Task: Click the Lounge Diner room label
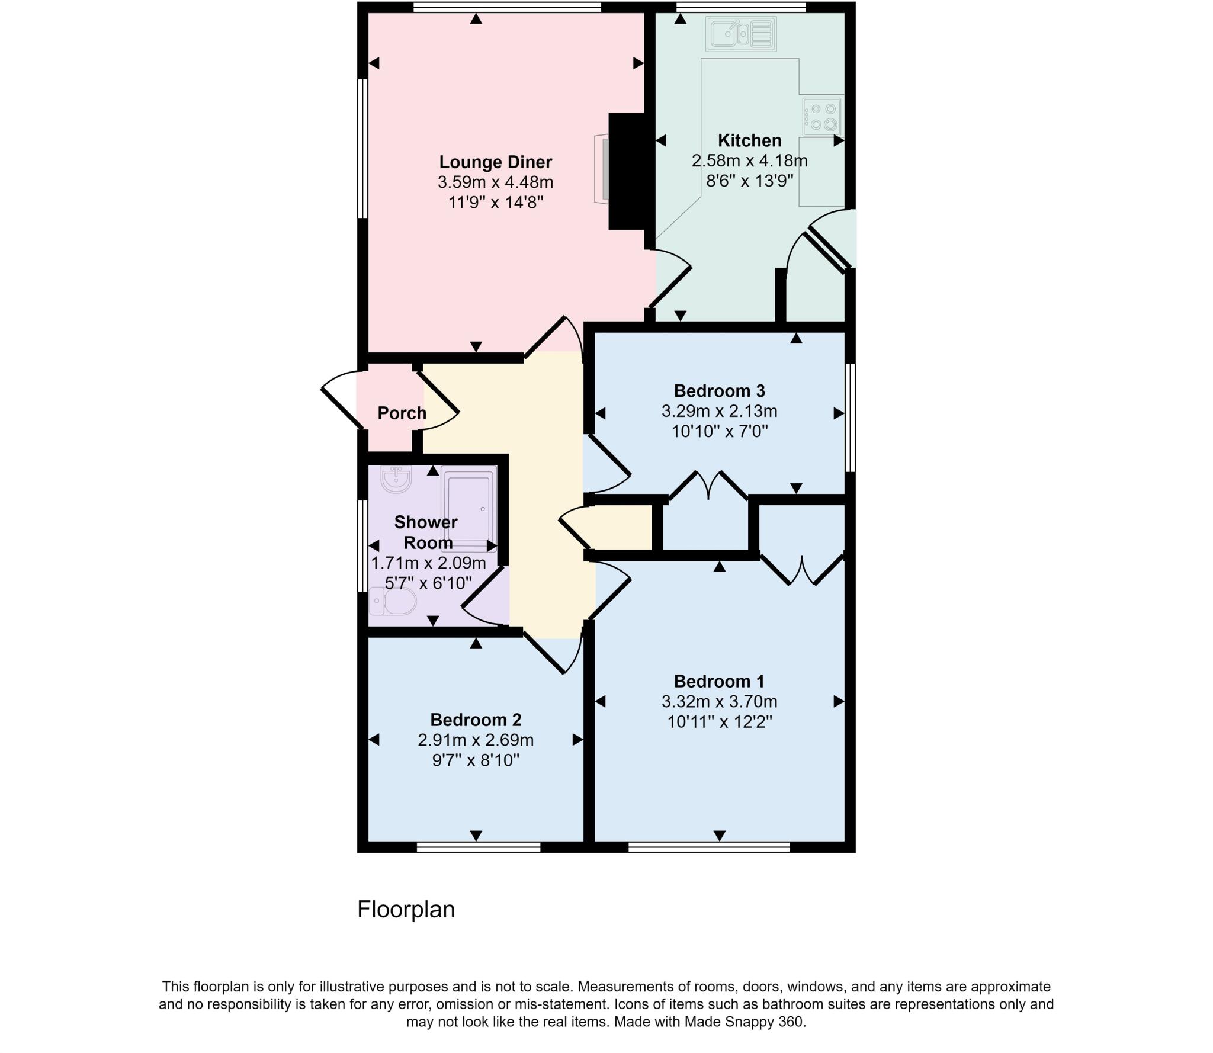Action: [x=495, y=162]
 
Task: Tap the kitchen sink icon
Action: [x=740, y=33]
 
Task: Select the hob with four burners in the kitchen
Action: [x=822, y=117]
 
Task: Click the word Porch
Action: [x=402, y=413]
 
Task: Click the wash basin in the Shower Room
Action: [x=396, y=479]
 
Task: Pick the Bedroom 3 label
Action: [x=719, y=391]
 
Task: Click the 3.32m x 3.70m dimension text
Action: [x=719, y=702]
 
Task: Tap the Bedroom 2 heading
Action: [x=476, y=720]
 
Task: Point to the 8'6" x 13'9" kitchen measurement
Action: [x=749, y=181]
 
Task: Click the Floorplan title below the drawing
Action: [x=406, y=909]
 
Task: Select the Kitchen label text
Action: [x=749, y=140]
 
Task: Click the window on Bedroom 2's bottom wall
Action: [x=479, y=847]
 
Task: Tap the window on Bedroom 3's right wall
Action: [x=850, y=418]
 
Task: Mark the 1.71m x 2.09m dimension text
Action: [x=428, y=563]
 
